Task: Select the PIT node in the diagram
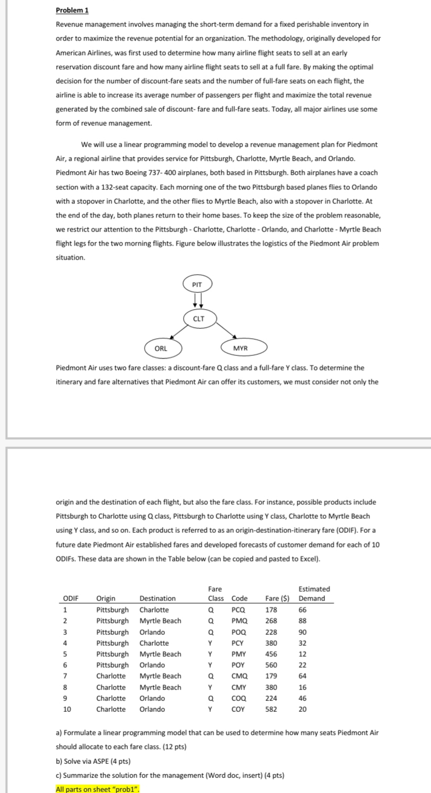click(197, 285)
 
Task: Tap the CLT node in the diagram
click(198, 318)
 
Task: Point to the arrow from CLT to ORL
click(175, 332)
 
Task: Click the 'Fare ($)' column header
click(277, 598)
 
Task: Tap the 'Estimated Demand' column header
click(314, 594)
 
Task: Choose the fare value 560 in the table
click(271, 665)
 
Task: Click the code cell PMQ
click(239, 621)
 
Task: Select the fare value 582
click(271, 709)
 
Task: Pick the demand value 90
click(303, 632)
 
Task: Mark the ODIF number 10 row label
click(68, 709)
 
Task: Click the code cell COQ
click(239, 698)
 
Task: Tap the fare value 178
click(271, 610)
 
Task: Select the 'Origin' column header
click(106, 598)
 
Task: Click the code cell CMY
click(239, 687)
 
